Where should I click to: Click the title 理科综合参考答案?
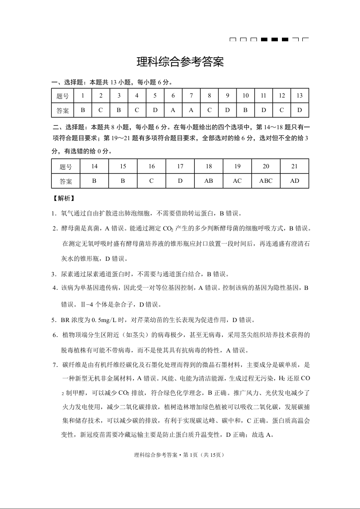coord(180,62)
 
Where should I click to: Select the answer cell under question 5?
coord(155,110)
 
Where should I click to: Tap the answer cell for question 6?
coord(173,110)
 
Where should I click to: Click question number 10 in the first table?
coord(246,96)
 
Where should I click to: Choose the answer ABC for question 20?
coord(266,181)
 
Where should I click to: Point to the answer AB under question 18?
coord(209,181)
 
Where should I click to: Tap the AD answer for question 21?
coord(295,181)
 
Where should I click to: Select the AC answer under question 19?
coord(237,181)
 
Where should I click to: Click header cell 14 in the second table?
coord(94,166)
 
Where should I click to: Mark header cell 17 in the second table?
coord(180,166)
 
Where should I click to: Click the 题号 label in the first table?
coord(63,96)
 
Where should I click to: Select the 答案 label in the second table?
coord(66,181)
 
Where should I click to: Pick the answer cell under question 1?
coord(83,110)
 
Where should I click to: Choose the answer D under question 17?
coord(180,181)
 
